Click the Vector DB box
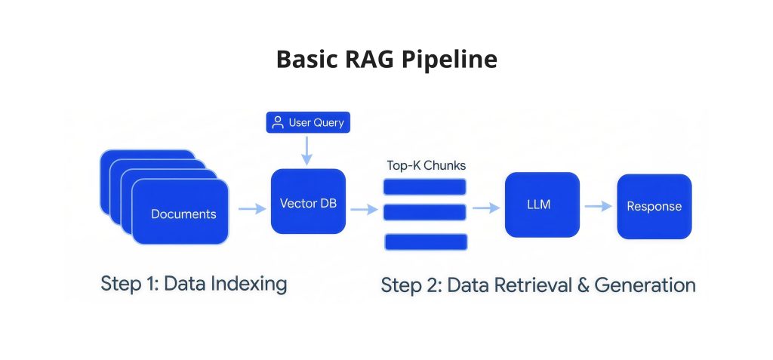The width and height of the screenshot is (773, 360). click(308, 202)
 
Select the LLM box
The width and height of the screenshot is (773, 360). click(542, 205)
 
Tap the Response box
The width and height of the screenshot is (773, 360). click(654, 206)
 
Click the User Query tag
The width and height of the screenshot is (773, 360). click(308, 122)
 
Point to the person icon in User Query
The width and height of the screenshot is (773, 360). click(278, 122)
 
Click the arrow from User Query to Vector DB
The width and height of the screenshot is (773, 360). click(306, 150)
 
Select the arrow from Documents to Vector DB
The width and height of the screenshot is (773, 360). click(252, 208)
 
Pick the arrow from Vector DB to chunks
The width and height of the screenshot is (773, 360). click(365, 210)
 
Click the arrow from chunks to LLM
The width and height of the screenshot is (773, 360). click(486, 208)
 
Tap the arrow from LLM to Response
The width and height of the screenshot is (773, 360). click(598, 206)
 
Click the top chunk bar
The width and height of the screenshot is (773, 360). click(424, 187)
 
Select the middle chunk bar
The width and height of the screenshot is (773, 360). click(424, 212)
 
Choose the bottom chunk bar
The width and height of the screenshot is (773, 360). click(426, 242)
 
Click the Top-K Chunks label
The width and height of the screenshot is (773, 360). click(426, 166)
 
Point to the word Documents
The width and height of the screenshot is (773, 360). click(183, 214)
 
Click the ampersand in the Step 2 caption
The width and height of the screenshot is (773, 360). click(583, 285)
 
